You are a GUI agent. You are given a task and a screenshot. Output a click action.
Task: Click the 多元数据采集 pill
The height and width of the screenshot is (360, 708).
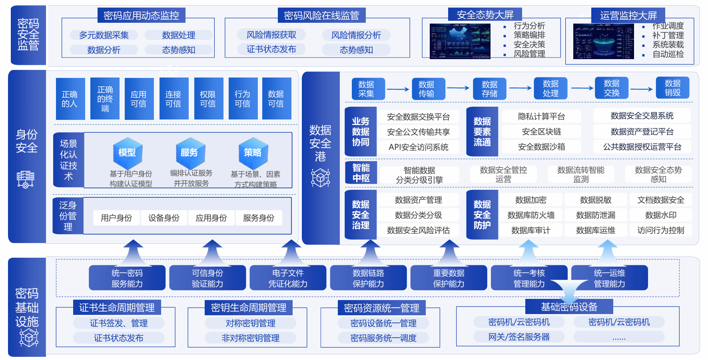coord(104,35)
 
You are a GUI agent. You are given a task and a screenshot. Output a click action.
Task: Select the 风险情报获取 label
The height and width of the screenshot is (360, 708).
coord(271,35)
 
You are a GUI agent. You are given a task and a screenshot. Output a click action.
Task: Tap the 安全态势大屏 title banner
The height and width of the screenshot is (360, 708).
coord(485,15)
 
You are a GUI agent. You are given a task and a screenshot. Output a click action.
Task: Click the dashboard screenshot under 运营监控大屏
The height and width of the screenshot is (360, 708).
coord(603,41)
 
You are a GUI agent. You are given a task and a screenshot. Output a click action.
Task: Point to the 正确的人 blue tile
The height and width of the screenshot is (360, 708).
coord(70,99)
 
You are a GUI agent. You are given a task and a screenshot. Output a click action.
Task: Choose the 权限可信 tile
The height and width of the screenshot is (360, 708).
coord(208,99)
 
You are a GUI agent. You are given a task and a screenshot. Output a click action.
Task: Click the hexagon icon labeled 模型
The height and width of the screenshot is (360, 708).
coord(127,153)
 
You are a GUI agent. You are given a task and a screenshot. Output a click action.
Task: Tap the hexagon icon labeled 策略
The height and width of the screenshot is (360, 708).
coord(253,153)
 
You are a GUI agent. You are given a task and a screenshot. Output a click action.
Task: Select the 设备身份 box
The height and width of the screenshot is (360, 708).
coord(164,218)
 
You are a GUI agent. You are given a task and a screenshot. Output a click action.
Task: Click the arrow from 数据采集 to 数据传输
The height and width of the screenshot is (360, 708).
coord(398,89)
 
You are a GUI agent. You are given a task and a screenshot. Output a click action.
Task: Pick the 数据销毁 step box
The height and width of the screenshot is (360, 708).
coord(672,88)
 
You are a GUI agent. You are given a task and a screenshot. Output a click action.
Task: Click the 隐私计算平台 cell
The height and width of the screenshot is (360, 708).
coord(541,116)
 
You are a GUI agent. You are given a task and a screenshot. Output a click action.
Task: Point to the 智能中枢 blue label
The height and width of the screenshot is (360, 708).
coord(361,173)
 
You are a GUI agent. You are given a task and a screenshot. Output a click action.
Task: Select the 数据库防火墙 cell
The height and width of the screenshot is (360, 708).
coord(531,215)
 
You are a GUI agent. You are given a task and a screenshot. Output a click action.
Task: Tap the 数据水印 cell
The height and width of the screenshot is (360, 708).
coord(660,215)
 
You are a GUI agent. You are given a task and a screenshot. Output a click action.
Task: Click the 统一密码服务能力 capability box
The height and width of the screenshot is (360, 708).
coord(127,278)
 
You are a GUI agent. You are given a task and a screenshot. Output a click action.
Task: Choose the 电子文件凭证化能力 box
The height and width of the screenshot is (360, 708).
coord(288,278)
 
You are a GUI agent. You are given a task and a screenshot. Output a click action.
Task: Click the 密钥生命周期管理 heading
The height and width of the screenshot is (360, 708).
coord(248,308)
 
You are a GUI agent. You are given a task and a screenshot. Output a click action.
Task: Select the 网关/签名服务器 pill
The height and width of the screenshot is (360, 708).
coord(519,337)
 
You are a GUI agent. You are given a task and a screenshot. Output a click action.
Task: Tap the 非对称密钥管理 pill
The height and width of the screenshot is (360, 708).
coord(251,338)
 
